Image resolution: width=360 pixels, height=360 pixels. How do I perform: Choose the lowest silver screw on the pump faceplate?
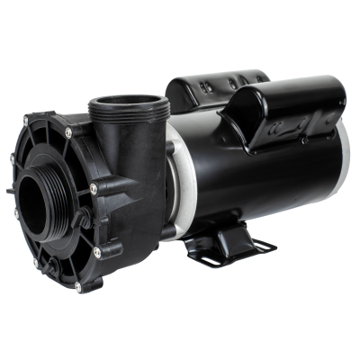(77, 287)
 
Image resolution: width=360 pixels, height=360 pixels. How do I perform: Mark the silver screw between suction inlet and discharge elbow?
(94, 189)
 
